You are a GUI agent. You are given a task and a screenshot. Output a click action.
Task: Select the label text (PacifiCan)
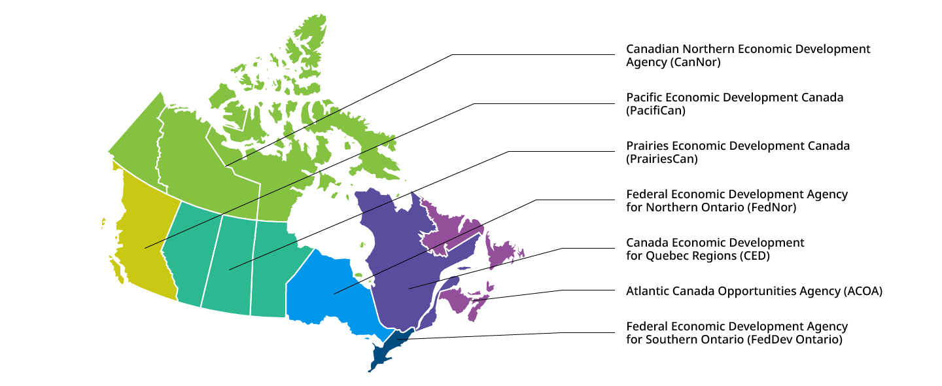(x=655, y=111)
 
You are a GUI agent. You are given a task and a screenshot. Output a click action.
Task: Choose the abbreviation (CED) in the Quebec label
(x=754, y=256)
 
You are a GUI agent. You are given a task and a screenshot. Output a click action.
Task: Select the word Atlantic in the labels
(x=648, y=291)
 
